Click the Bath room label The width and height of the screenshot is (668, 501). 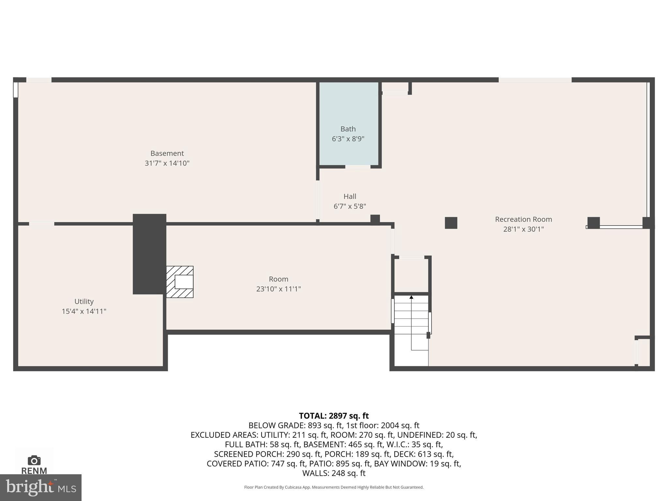click(x=348, y=129)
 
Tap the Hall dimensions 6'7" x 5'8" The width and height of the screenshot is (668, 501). click(x=350, y=206)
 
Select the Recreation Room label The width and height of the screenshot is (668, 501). click(x=523, y=219)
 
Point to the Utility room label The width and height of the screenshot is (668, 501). click(x=84, y=301)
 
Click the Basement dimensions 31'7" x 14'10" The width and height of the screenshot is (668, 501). click(x=167, y=163)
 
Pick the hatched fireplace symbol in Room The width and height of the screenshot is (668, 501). click(x=180, y=282)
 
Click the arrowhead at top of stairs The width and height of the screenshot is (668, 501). click(x=411, y=297)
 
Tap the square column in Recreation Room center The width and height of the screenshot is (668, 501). click(x=451, y=223)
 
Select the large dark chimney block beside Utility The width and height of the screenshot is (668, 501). click(x=149, y=254)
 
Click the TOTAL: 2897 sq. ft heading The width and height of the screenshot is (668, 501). click(x=334, y=416)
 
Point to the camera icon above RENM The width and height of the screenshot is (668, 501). click(x=34, y=461)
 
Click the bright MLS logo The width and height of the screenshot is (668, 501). click(x=40, y=487)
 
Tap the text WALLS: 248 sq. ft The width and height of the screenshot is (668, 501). click(x=334, y=473)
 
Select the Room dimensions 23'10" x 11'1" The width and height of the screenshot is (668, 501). click(x=278, y=289)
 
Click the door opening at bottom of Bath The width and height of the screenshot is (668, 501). click(x=358, y=167)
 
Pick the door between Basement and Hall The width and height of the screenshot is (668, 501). click(x=318, y=200)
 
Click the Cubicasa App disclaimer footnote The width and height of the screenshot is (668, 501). click(x=334, y=487)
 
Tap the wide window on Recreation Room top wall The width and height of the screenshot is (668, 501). click(x=535, y=80)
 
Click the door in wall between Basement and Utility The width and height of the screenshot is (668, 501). click(x=41, y=224)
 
